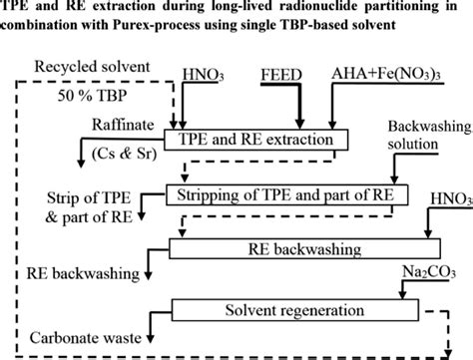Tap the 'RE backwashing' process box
point(300,246)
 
